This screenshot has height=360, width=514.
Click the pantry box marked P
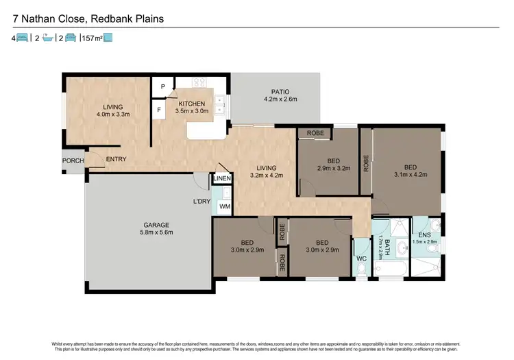pos(162,87)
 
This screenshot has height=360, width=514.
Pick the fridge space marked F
pos(160,109)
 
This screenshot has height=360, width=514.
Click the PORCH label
pos(73,161)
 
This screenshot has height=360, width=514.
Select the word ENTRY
pos(116,160)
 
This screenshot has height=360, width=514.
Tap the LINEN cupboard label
pos(222,179)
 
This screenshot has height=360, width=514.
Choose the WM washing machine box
pos(225,206)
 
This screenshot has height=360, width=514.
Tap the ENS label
pos(426,235)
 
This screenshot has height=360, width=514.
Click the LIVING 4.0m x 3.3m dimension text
pos(112,115)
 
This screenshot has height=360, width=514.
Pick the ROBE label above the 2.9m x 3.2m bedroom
pos(315,134)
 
